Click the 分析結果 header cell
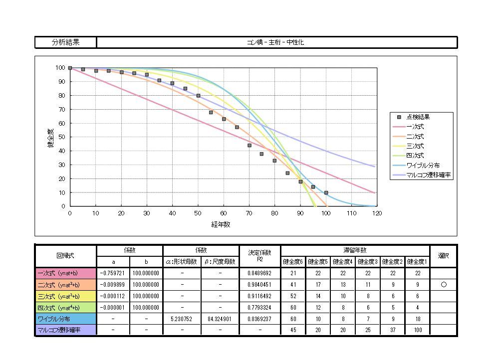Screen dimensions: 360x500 click(x=65, y=42)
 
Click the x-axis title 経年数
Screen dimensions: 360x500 click(x=221, y=224)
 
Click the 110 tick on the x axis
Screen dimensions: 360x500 click(x=351, y=213)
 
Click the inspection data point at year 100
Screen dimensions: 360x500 click(x=326, y=192)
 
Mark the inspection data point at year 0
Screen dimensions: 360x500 click(x=70, y=68)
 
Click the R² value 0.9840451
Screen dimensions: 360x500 click(x=259, y=284)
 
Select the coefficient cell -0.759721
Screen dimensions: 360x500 click(x=113, y=273)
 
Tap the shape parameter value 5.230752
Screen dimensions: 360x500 click(x=182, y=319)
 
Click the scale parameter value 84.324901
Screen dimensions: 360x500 click(x=220, y=319)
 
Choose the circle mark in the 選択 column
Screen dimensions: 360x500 click(x=443, y=284)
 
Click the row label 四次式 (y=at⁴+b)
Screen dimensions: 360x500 click(x=65, y=307)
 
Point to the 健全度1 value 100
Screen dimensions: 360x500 click(x=417, y=330)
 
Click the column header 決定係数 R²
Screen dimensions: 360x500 click(x=259, y=256)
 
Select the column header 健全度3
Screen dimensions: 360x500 click(x=368, y=261)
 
